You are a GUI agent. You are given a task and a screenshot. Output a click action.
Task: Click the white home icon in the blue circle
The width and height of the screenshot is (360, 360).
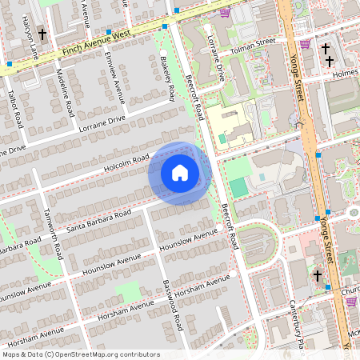click(x=180, y=173)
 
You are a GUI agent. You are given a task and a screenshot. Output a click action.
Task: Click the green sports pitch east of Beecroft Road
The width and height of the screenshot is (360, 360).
click(x=238, y=188)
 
